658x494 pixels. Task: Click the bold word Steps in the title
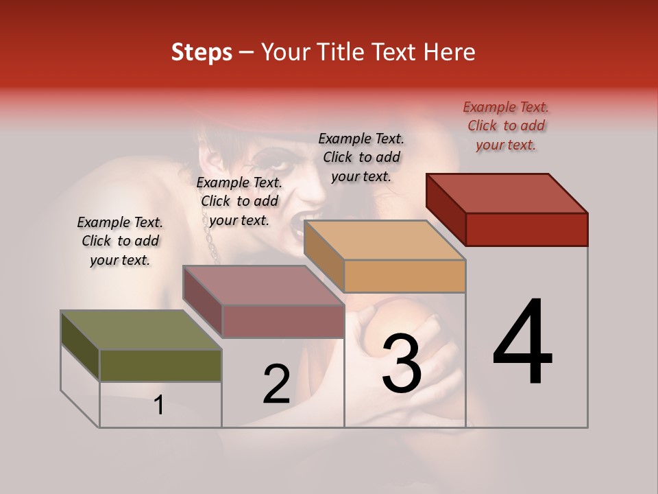pyautogui.click(x=202, y=52)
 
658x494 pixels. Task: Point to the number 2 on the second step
pyautogui.click(x=276, y=384)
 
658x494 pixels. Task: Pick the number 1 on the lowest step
pyautogui.click(x=159, y=405)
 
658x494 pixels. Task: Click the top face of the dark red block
pyautogui.click(x=507, y=193)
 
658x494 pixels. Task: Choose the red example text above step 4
pyautogui.click(x=506, y=126)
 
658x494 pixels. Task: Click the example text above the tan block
pyautogui.click(x=361, y=157)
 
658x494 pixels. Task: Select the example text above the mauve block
pyautogui.click(x=239, y=201)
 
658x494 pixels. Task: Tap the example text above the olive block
pyautogui.click(x=120, y=241)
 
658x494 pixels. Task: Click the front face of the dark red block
pyautogui.click(x=526, y=229)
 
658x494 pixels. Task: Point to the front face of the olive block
pyautogui.click(x=160, y=365)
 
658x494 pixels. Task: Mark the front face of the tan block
pyautogui.click(x=404, y=277)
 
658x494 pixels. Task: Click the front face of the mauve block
pyautogui.click(x=282, y=321)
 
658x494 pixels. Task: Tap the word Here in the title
pyautogui.click(x=450, y=52)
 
